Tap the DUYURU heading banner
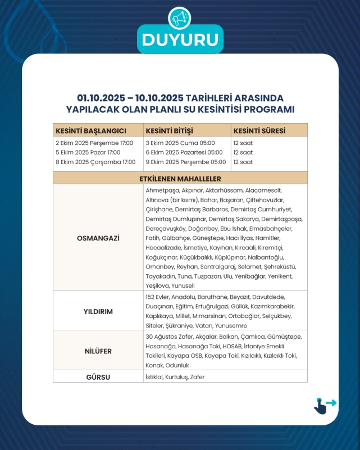[x=180, y=40]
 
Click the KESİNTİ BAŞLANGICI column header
[x=87, y=130]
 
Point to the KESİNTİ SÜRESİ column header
[x=259, y=130]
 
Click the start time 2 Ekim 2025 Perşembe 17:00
[x=94, y=143]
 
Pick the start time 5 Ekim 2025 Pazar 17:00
[x=88, y=152]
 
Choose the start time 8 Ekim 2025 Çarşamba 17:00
[x=95, y=162]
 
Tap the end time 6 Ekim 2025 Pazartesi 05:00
[x=184, y=152]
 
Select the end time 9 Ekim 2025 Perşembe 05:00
[x=185, y=162]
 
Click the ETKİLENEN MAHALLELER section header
[x=180, y=179]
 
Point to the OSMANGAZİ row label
[x=98, y=238]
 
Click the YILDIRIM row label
[x=98, y=311]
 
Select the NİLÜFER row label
[x=98, y=351]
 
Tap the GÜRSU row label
[x=98, y=376]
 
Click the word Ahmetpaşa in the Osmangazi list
[x=159, y=191]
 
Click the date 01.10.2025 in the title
[x=101, y=98]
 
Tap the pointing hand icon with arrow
[x=323, y=405]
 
